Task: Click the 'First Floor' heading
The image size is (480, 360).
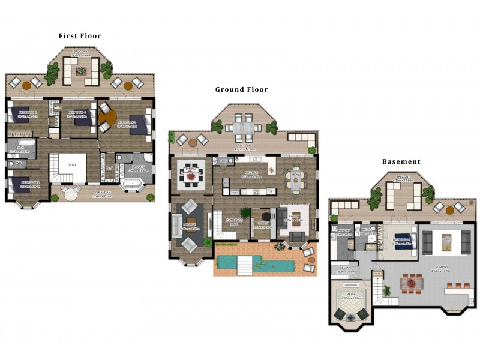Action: click(80, 36)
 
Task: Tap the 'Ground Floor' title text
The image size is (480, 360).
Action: click(241, 89)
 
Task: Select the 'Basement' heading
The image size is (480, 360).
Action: click(401, 161)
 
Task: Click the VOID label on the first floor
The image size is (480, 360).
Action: click(72, 165)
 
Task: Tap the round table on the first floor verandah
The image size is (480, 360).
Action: click(71, 193)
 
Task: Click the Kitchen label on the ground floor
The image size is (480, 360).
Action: click(251, 172)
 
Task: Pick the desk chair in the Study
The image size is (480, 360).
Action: click(266, 214)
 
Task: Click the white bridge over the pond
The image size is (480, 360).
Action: click(244, 262)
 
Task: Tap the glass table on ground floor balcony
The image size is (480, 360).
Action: click(244, 128)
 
